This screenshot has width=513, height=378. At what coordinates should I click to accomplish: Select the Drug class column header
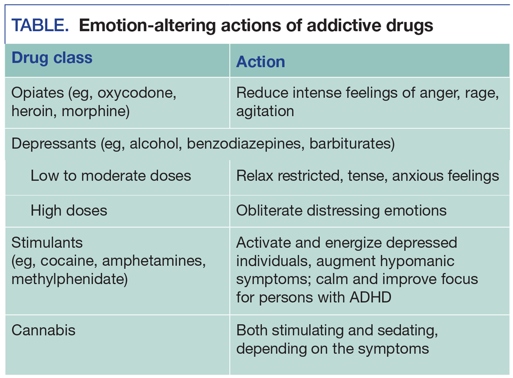pos(52,57)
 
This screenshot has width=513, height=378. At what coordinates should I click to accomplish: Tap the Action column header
pos(260,61)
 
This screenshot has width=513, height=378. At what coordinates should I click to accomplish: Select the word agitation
pos(265,111)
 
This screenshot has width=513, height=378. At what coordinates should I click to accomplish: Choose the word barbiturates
pos(351,144)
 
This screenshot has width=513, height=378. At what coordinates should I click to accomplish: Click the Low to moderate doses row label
pos(110,176)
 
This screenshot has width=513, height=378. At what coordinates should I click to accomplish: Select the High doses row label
pos(69,210)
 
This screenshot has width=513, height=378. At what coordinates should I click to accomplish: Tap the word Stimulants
pos(47,242)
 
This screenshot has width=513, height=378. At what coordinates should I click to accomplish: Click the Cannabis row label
pos(43,330)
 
